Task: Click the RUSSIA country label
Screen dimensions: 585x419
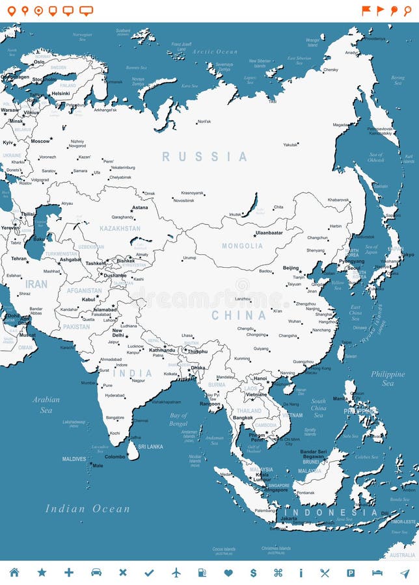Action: pyautogui.click(x=204, y=157)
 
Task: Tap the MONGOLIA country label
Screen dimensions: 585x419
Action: pyautogui.click(x=242, y=246)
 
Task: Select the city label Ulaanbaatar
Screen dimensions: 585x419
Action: pyautogui.click(x=269, y=232)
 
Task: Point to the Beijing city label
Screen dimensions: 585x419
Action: pyautogui.click(x=291, y=268)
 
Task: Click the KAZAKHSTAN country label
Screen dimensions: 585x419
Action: pyautogui.click(x=120, y=229)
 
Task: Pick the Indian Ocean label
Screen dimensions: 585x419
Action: pyautogui.click(x=87, y=509)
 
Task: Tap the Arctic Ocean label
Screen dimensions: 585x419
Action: pyautogui.click(x=215, y=51)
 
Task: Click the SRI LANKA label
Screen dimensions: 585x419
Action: pyautogui.click(x=150, y=447)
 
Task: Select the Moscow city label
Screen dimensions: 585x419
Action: pyautogui.click(x=40, y=141)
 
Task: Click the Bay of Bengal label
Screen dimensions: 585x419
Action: pyautogui.click(x=178, y=419)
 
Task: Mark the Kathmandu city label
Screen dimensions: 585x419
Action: pyautogui.click(x=162, y=350)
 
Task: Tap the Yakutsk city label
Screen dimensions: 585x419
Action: pyautogui.click(x=291, y=145)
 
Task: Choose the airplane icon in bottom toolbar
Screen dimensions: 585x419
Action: pyautogui.click(x=176, y=573)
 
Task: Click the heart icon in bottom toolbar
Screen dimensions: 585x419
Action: pyautogui.click(x=228, y=573)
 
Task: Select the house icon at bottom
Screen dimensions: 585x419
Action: pyautogui.click(x=14, y=573)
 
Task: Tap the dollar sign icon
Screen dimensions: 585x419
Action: pyautogui.click(x=253, y=573)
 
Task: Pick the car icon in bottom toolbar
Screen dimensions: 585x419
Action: pyautogui.click(x=96, y=573)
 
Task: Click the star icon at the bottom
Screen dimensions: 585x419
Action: pyautogui.click(x=42, y=573)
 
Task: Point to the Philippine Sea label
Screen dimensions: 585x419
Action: pyautogui.click(x=388, y=378)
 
